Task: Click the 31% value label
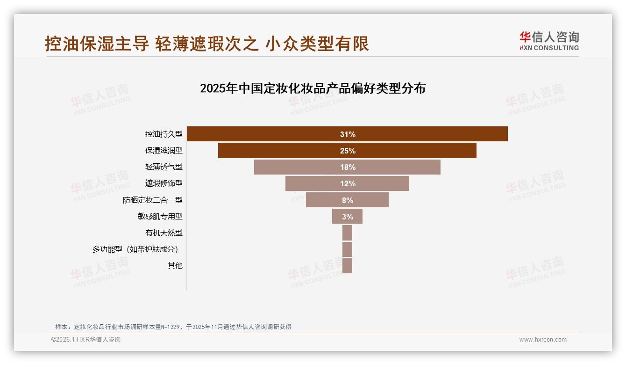click(348, 134)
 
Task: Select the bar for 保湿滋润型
click(280, 151)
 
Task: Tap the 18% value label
click(348, 167)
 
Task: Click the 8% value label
click(348, 200)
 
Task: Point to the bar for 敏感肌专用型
click(347, 217)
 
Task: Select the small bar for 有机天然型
click(347, 233)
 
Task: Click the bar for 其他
click(347, 266)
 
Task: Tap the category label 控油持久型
click(164, 134)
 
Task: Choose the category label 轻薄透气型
click(164, 167)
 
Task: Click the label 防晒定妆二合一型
click(153, 200)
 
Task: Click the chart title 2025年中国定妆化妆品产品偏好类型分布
click(313, 88)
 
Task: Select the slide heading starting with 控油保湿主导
click(207, 44)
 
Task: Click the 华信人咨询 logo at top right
click(549, 41)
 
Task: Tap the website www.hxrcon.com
click(543, 340)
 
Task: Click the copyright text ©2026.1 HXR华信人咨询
click(86, 340)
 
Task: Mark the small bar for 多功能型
click(347, 249)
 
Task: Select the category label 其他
click(175, 266)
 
